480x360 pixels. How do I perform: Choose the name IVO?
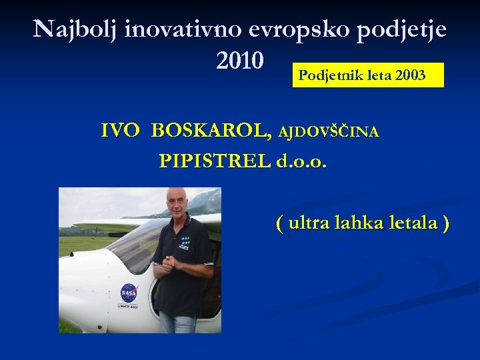(121, 131)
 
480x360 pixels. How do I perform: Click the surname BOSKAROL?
(211, 131)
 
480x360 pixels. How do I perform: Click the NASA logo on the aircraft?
(128, 292)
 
